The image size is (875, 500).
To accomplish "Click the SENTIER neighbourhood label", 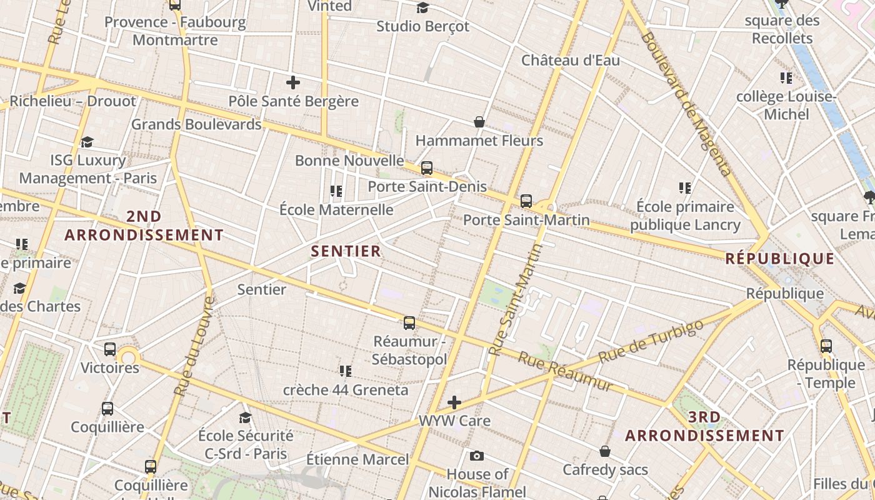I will coord(346,251).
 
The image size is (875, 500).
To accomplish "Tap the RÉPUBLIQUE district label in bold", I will coord(779,259).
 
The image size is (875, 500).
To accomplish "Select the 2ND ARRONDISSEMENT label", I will coord(144,226).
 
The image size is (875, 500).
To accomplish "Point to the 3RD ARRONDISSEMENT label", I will coord(704,426).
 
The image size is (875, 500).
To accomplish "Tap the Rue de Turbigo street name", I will coord(651,341).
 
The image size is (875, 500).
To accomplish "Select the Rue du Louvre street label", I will coord(194,346).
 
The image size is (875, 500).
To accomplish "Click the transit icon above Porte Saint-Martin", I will coord(526,201).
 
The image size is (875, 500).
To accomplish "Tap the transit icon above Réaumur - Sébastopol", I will coord(409,323).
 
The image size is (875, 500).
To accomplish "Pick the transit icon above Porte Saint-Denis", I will coord(427,168).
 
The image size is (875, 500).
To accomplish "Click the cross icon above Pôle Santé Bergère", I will coord(293,82).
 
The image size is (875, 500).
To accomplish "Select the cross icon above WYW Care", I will coord(454,402).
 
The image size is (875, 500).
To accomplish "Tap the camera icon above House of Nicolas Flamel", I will coord(477,456).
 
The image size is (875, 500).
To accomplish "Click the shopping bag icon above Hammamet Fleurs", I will coord(479,122).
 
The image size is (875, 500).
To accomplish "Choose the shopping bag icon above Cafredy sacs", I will coord(605,451).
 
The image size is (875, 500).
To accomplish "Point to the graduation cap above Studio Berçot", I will coord(423,7).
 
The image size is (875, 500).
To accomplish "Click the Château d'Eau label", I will coord(571,61).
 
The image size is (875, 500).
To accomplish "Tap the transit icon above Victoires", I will coord(110,349).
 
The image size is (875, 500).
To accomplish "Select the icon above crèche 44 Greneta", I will coord(345,372).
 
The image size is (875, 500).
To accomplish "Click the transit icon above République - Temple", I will coord(826,346).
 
